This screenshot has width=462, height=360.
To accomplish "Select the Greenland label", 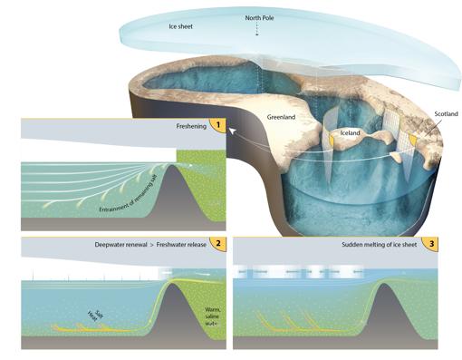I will (284, 117).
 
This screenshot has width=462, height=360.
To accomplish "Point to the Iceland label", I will (353, 131).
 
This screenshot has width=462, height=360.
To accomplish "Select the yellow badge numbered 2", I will (217, 245).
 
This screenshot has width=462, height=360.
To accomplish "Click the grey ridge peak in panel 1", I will (188, 174).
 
